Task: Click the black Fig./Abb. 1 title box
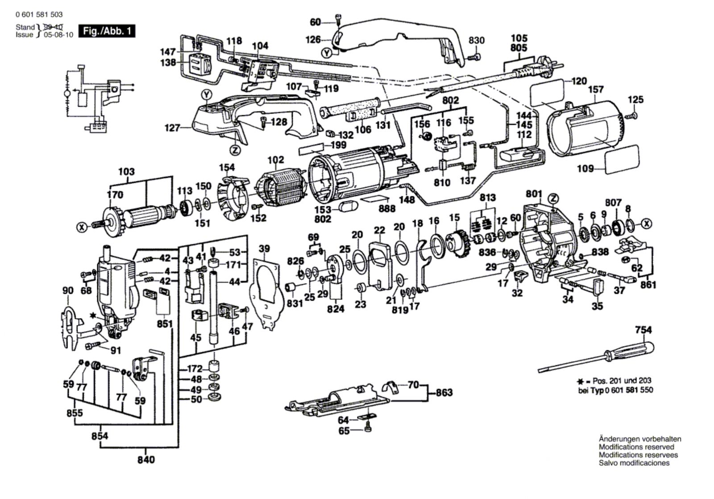[107, 31]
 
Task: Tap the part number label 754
[643, 330]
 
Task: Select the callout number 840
[146, 460]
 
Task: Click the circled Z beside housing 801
[554, 199]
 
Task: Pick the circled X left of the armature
[82, 227]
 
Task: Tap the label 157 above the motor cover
[596, 90]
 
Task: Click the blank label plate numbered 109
[622, 160]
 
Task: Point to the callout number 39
[264, 248]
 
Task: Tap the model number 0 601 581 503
[39, 14]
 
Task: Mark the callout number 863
[444, 392]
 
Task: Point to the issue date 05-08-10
[58, 35]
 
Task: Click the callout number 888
[387, 208]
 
